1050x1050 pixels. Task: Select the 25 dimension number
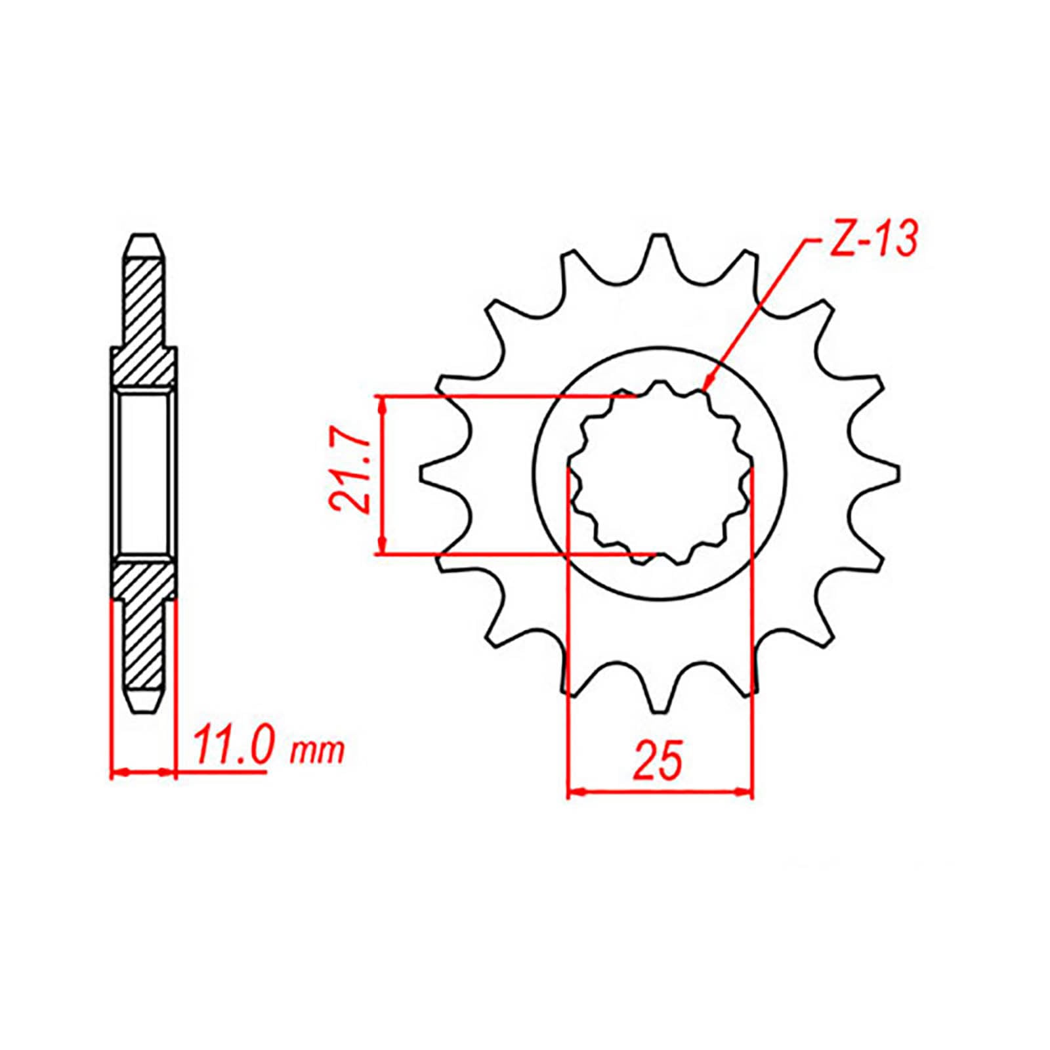click(658, 761)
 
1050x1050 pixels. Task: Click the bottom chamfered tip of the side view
click(144, 707)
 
